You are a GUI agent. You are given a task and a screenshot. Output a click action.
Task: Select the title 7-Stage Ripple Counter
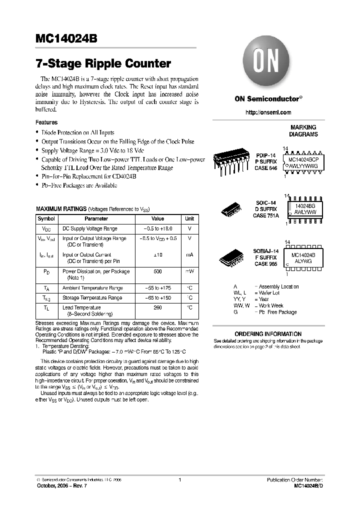click(x=103, y=64)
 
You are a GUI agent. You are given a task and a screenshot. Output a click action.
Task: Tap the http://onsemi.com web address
click(x=268, y=112)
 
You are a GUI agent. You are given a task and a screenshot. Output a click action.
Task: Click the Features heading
click(x=46, y=122)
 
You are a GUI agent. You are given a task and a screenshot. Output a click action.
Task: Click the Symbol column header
click(x=46, y=218)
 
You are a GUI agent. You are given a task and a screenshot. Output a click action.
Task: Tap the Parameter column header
click(x=96, y=218)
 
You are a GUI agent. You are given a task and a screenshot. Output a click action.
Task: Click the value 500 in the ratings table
click(x=157, y=271)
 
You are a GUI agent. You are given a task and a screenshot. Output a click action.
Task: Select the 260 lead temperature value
click(x=157, y=307)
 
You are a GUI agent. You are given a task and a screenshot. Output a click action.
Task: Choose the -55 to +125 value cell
click(x=157, y=288)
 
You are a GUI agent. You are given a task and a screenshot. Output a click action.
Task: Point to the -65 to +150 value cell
click(x=157, y=297)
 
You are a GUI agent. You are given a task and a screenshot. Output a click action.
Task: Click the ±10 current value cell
click(x=157, y=255)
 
